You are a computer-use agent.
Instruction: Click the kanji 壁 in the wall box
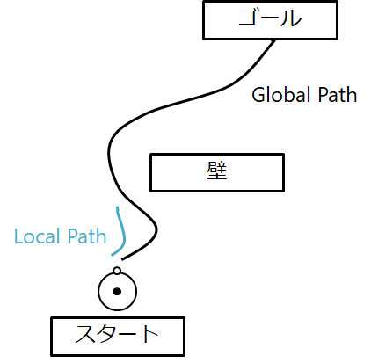(x=217, y=172)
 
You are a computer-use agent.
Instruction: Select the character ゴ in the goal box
(x=250, y=20)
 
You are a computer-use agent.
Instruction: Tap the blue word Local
(x=37, y=236)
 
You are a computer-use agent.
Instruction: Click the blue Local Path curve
(x=122, y=230)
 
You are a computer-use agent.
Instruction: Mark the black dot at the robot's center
(x=117, y=291)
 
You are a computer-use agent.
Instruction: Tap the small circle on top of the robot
(x=117, y=271)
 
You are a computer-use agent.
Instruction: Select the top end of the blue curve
(x=119, y=207)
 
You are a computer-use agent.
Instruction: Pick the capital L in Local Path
(x=18, y=236)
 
